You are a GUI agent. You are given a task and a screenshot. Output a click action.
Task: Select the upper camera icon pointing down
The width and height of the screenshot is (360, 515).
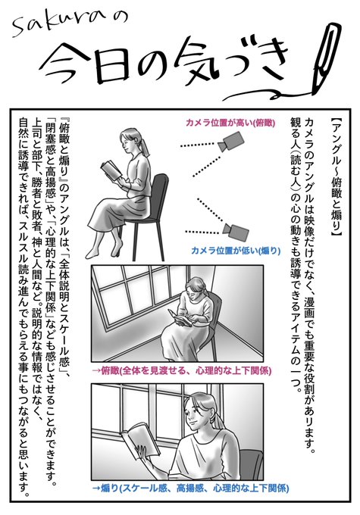click(230, 142)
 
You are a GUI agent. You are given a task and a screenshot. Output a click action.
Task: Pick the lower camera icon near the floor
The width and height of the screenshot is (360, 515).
click(235, 231)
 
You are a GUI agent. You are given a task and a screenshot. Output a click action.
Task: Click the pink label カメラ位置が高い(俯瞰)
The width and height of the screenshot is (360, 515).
click(230, 123)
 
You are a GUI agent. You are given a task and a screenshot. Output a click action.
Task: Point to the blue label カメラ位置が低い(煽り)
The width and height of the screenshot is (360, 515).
click(236, 251)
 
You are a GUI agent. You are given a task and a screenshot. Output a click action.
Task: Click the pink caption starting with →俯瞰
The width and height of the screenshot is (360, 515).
click(182, 371)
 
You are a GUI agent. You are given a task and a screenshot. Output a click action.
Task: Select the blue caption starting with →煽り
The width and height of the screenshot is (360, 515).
click(191, 488)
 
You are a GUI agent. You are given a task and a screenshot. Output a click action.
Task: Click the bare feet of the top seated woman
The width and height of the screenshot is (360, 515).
click(105, 251)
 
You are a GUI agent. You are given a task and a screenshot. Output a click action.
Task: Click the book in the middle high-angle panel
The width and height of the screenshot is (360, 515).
click(180, 317)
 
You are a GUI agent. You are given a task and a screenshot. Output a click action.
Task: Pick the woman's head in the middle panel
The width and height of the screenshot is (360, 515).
click(196, 288)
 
